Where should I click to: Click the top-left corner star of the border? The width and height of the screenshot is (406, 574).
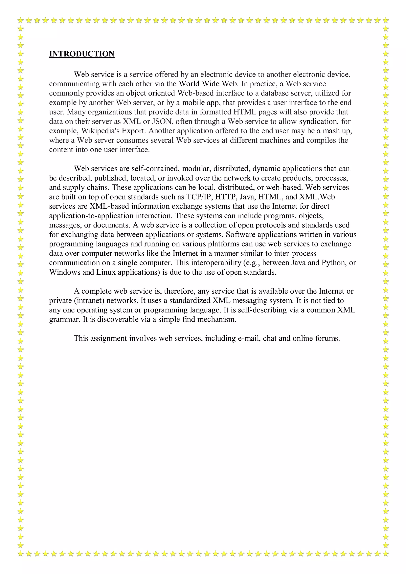(x=20, y=20)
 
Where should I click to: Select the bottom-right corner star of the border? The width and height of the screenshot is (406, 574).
(x=386, y=554)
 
